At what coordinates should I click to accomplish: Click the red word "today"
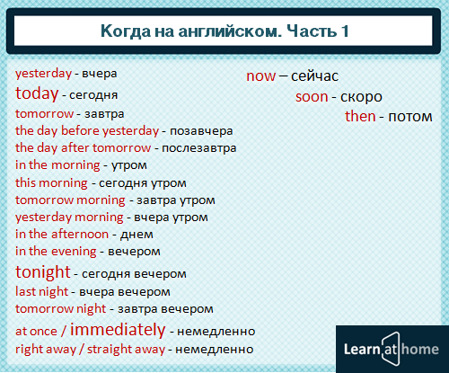[37, 93]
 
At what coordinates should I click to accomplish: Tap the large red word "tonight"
[43, 272]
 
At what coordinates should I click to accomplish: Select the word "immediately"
[118, 330]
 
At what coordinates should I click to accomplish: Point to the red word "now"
[260, 76]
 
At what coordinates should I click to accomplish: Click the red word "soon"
[312, 97]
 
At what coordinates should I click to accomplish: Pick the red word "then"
[360, 116]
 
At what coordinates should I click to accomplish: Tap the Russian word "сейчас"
[314, 76]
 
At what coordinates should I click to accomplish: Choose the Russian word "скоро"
[361, 97]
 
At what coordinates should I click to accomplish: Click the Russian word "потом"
[410, 117]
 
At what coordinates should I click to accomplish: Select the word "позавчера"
[201, 131]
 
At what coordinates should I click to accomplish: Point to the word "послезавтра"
[199, 148]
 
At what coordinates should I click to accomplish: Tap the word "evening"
[73, 252]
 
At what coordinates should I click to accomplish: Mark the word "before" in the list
[80, 130]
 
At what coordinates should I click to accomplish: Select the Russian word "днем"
[136, 235]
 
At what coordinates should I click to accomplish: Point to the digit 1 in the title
[345, 31]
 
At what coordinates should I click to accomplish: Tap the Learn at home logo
[392, 349]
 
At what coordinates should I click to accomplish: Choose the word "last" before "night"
[25, 291]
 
